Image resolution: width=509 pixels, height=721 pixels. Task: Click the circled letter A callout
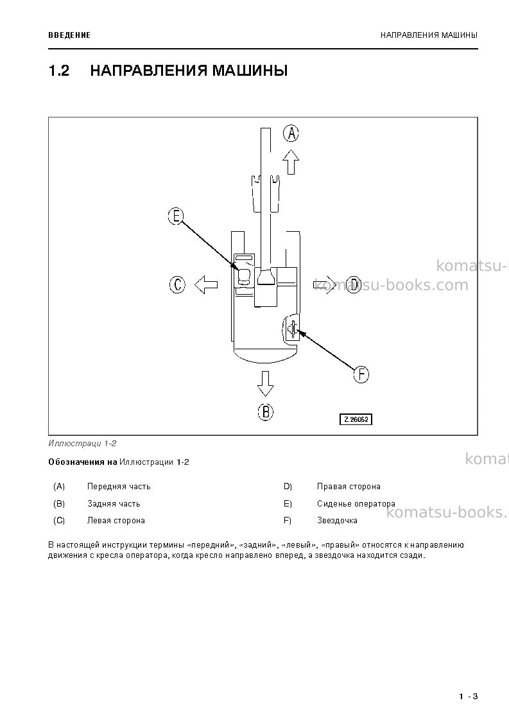(x=291, y=134)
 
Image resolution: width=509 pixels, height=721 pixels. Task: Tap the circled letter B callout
(x=265, y=412)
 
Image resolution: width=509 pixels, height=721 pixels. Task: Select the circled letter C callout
(x=177, y=284)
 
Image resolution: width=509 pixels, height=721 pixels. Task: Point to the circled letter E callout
(x=176, y=216)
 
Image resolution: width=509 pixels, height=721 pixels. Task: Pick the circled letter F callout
(x=361, y=374)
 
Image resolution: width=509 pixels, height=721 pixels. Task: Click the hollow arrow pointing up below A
(x=291, y=162)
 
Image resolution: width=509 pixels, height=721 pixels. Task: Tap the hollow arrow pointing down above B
(x=265, y=384)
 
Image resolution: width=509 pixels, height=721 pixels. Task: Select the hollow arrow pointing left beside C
(x=205, y=284)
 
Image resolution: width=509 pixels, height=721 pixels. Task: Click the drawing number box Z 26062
(x=356, y=419)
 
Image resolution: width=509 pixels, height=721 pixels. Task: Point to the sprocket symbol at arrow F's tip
(x=291, y=329)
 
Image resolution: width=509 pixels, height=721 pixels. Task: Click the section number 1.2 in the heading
(x=59, y=71)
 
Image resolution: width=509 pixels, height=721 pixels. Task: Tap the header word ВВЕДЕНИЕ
(x=69, y=35)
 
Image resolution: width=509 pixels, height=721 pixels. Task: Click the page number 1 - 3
(x=468, y=697)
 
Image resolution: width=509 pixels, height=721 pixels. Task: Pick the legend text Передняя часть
(x=119, y=487)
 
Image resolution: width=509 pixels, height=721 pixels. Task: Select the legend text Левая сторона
(x=116, y=521)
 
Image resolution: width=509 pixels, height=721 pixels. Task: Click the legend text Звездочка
(x=337, y=521)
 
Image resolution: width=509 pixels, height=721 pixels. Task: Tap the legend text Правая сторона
(x=349, y=487)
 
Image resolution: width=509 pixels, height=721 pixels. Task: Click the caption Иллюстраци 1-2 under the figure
(x=82, y=444)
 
